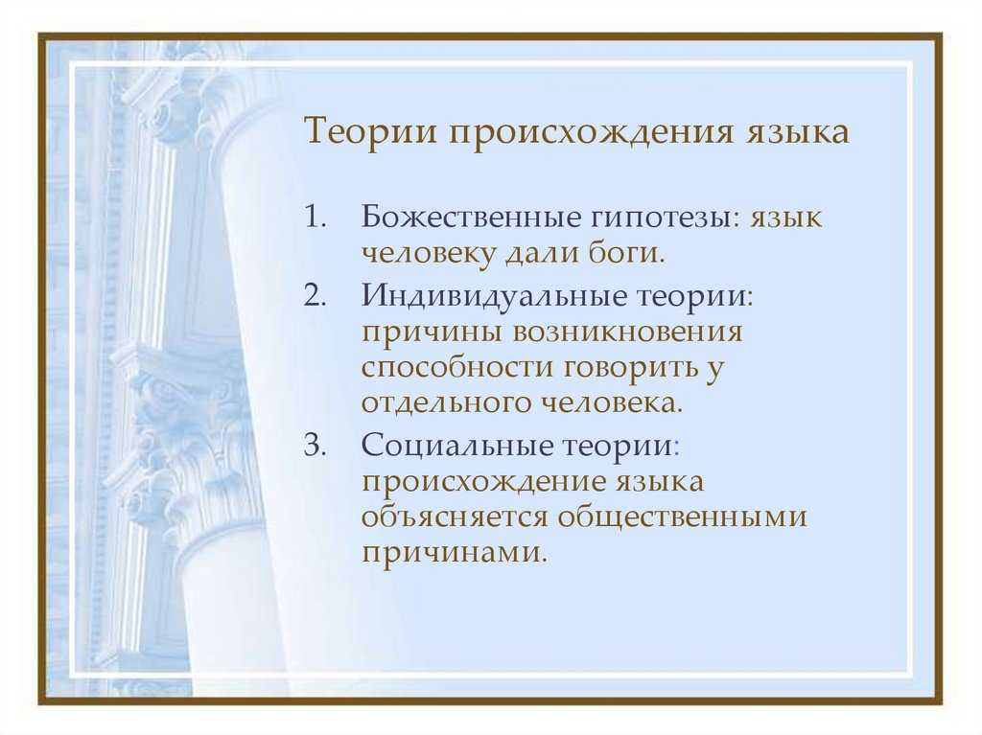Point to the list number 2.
[x=316, y=294]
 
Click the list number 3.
[x=316, y=446]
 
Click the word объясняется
[x=455, y=517]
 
